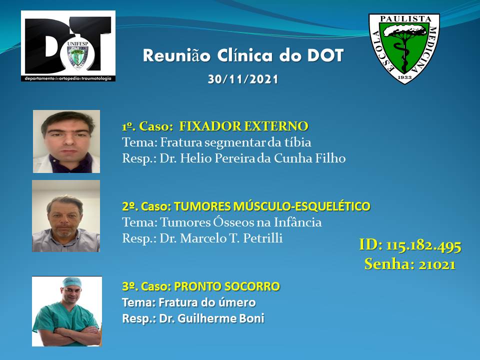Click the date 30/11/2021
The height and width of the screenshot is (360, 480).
pyautogui.click(x=243, y=79)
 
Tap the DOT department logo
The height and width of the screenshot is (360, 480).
pyautogui.click(x=68, y=46)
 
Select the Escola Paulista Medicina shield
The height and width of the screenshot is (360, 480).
pyautogui.click(x=404, y=48)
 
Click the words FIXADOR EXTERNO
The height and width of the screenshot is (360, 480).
pyautogui.click(x=243, y=126)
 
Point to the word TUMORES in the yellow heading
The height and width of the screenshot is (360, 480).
pyautogui.click(x=202, y=206)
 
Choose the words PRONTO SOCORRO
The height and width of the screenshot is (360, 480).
pyautogui.click(x=227, y=286)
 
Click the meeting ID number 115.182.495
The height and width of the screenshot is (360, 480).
pyautogui.click(x=423, y=245)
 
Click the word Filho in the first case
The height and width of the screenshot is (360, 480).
pyautogui.click(x=333, y=158)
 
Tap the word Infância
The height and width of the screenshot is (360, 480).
pyautogui.click(x=297, y=222)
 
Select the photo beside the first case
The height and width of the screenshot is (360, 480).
pyautogui.click(x=66, y=141)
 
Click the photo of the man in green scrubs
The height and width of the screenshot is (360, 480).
pyautogui.click(x=67, y=311)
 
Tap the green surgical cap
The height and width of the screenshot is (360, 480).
pyautogui.click(x=71, y=282)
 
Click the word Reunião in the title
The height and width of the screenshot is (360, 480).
pyautogui.click(x=177, y=56)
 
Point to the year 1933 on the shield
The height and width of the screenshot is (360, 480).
pyautogui.click(x=404, y=77)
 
